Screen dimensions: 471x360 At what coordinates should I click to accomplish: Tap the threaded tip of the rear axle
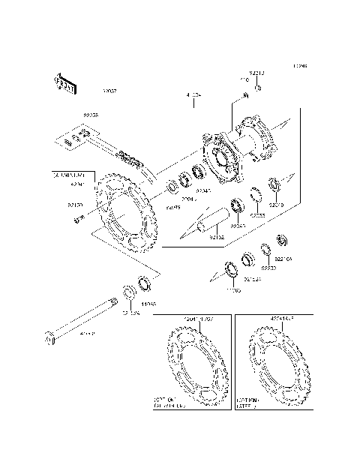click(112, 304)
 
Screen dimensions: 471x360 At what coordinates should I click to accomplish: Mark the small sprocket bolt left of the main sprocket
click(76, 219)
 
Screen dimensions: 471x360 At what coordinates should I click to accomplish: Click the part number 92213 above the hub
click(257, 73)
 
